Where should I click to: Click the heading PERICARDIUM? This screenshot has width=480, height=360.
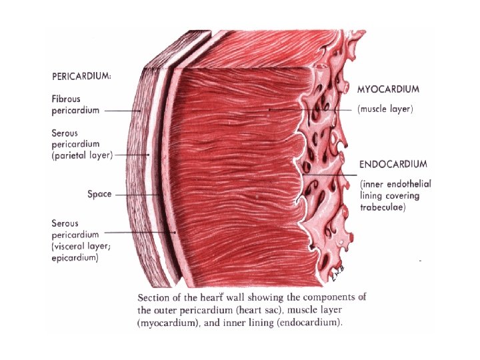pos(81,75)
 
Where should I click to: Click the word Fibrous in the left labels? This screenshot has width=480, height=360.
pos(67,99)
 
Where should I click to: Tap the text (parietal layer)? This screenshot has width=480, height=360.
pos(82,155)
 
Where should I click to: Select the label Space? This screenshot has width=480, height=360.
pos(99,194)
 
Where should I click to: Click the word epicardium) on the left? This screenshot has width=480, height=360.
pos(75,257)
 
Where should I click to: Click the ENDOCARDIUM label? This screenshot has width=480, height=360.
pos(393,163)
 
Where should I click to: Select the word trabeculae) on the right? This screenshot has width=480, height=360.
pos(382,207)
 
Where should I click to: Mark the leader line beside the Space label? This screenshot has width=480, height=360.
pos(137,195)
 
